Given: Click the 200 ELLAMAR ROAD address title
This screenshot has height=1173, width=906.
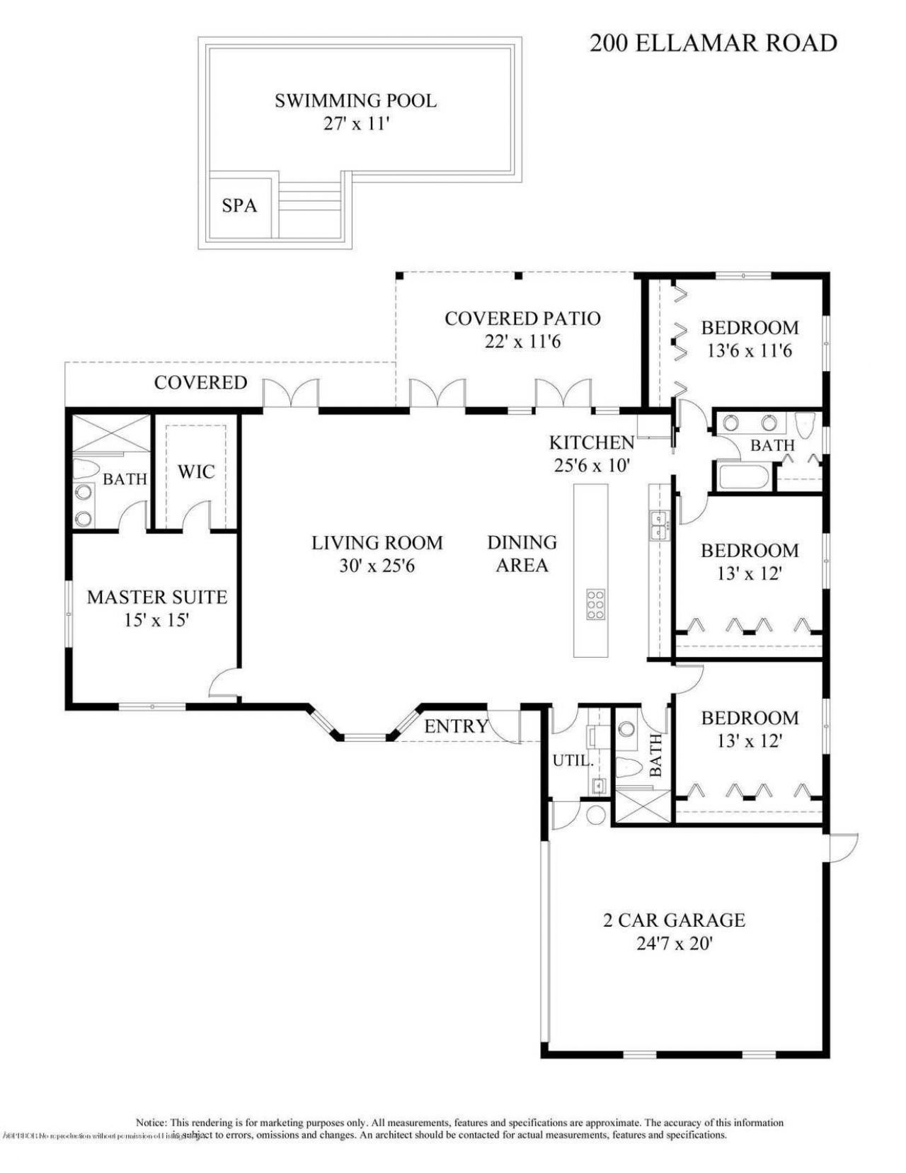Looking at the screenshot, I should pyautogui.click(x=713, y=43).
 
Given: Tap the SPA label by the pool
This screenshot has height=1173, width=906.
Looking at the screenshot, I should pyautogui.click(x=239, y=206).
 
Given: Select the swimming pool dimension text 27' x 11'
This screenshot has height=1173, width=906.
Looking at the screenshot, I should pyautogui.click(x=356, y=123).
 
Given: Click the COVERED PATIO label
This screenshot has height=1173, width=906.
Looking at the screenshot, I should pyautogui.click(x=522, y=319).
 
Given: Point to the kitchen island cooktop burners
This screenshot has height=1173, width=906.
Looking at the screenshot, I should pyautogui.click(x=595, y=605).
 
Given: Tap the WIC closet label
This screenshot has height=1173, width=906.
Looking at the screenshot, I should pyautogui.click(x=196, y=471).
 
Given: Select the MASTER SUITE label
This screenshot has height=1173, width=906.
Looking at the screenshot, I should pyautogui.click(x=157, y=597).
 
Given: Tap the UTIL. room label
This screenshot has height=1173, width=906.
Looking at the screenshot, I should pyautogui.click(x=573, y=761).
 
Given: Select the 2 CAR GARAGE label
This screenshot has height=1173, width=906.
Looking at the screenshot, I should pyautogui.click(x=674, y=920).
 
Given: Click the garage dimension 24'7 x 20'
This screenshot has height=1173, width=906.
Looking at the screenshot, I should pyautogui.click(x=674, y=944).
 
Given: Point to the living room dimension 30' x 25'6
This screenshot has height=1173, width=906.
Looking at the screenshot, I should pyautogui.click(x=377, y=566).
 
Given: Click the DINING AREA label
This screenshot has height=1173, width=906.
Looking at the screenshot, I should pyautogui.click(x=522, y=554).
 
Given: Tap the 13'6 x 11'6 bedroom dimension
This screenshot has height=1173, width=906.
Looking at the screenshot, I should pyautogui.click(x=750, y=350).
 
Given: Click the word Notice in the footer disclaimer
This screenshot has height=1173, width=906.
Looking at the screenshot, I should pyautogui.click(x=151, y=1123).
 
